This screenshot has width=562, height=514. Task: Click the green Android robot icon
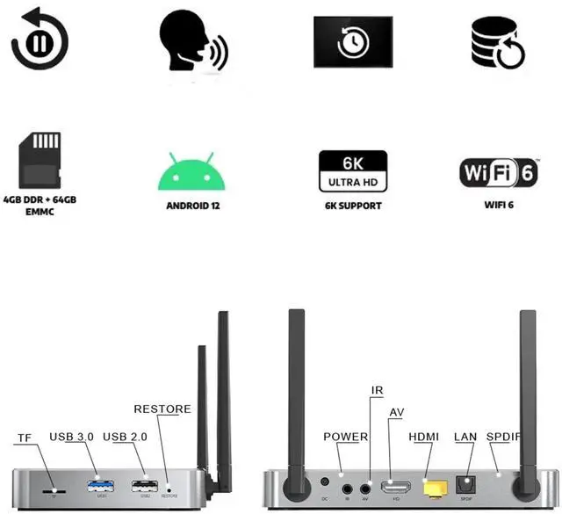191,171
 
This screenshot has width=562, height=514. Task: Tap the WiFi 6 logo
498,171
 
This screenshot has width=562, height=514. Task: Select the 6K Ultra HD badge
352,170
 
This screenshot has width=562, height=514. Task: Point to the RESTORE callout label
162,409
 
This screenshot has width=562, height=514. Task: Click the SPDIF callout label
504,437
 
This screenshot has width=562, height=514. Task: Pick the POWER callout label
346,437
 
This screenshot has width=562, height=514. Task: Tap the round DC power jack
325,481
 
